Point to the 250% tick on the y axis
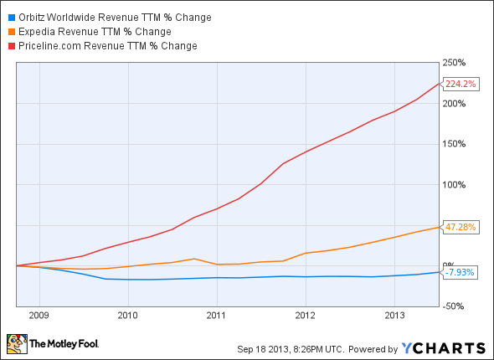point(455,63)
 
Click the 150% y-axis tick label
point(455,144)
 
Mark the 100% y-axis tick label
point(455,184)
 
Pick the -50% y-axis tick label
point(455,306)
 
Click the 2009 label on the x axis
point(39,316)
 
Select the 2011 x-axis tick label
point(217,316)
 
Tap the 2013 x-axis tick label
point(394,316)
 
